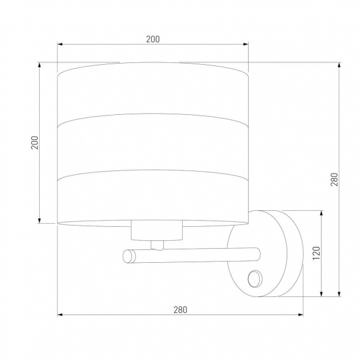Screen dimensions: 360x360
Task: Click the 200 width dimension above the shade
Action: [153, 39]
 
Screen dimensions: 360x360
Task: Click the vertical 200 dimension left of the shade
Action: [35, 142]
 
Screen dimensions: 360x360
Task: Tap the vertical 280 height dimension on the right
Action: [334, 179]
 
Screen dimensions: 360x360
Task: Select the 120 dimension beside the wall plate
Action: [317, 253]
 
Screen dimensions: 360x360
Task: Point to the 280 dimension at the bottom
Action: [180, 310]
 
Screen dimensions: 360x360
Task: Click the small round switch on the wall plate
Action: [255, 279]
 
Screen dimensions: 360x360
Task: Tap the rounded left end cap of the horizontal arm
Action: [129, 256]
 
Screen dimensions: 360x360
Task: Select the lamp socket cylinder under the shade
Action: [157, 230]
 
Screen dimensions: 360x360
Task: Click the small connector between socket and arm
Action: [157, 245]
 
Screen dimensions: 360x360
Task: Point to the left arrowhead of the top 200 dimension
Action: [60, 44]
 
